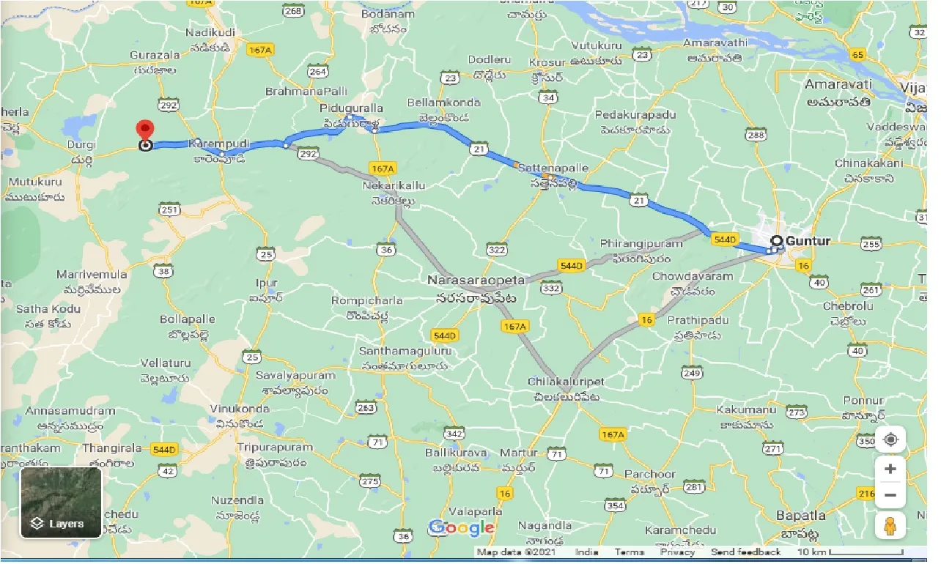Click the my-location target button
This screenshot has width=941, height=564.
pos(890,439)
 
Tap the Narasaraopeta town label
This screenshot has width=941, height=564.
pos(477,280)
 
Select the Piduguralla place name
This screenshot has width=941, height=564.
pos(353,108)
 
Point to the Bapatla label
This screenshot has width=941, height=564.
pos(801,515)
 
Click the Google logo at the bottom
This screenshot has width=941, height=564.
pos(462,527)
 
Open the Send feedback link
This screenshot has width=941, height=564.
pos(745,552)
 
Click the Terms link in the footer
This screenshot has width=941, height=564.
pos(630,552)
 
